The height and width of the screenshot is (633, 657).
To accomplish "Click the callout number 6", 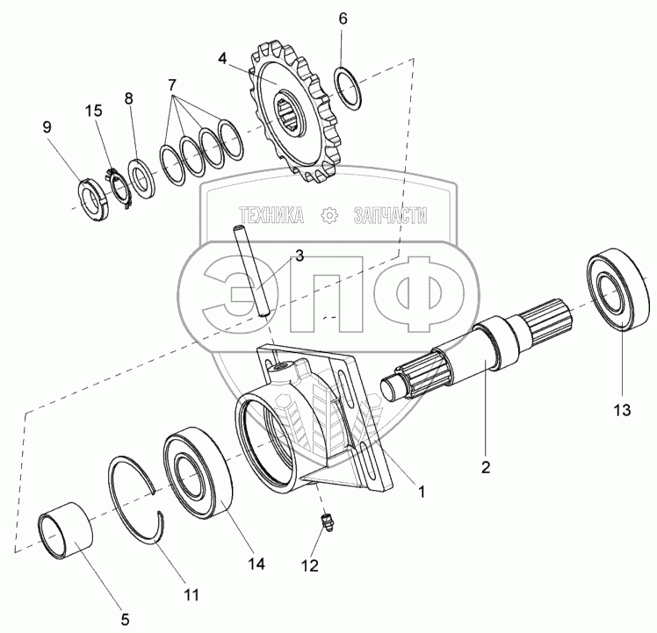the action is tap(343, 18).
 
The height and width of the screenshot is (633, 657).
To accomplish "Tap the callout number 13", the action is tap(622, 410).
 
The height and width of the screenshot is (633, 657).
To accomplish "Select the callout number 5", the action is tap(125, 619).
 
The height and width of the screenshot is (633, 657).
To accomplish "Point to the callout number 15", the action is tap(93, 111).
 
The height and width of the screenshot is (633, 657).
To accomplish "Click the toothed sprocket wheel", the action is tap(295, 112).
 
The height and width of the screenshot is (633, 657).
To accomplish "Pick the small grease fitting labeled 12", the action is tap(328, 523).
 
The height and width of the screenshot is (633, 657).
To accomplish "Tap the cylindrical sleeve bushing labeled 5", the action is tap(65, 531).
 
